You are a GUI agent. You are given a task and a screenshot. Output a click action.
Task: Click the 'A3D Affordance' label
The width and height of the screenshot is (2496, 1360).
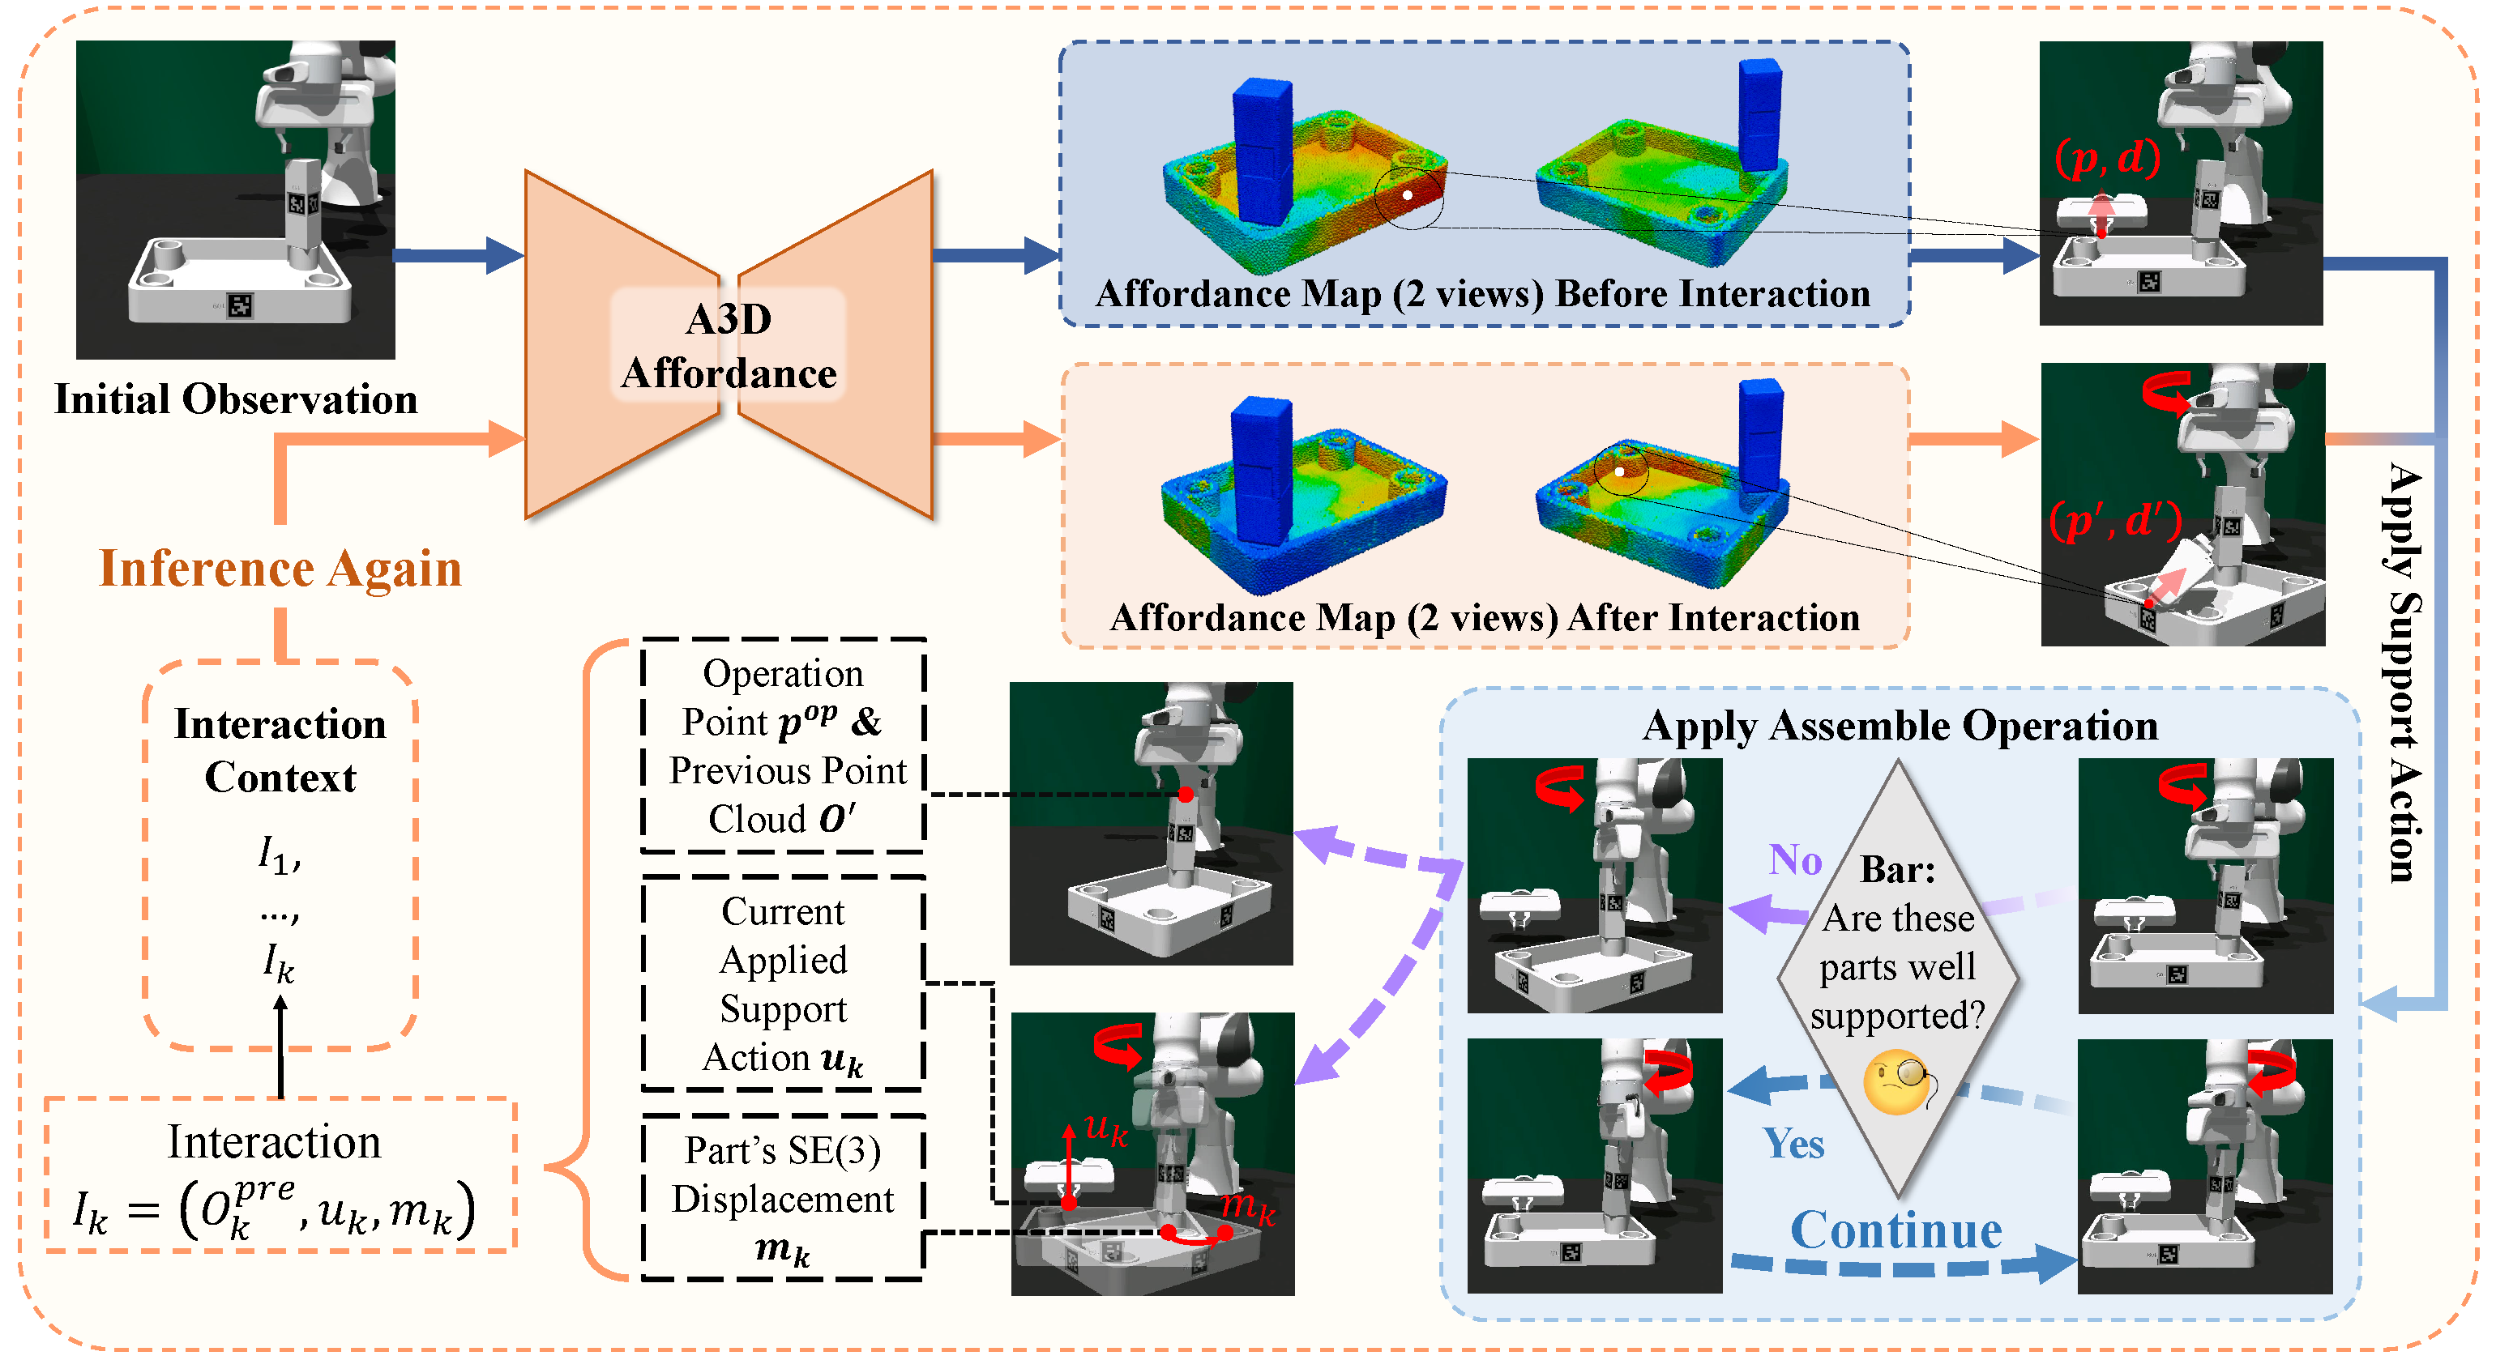coord(729,346)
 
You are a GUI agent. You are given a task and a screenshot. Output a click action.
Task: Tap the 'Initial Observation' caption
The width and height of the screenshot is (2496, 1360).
coord(236,399)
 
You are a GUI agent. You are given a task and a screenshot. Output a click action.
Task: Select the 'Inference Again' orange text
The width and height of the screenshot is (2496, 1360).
coord(280,568)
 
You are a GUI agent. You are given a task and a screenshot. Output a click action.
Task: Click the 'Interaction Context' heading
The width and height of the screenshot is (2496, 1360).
coord(280,750)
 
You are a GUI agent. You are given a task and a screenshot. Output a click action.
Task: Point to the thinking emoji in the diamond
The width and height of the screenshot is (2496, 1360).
coord(1896,1081)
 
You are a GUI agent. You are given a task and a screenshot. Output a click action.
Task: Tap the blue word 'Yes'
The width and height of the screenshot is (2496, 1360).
coord(1793,1143)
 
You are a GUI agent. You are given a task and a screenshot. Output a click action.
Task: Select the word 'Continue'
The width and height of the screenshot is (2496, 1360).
coord(1896,1230)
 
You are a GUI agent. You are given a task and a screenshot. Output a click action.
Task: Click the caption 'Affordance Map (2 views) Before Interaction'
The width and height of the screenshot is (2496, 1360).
coord(1482,293)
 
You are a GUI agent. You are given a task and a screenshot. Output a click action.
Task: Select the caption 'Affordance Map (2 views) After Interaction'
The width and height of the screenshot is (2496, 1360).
coord(1485,617)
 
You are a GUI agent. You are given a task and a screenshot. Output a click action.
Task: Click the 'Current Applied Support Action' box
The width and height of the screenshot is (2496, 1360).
coord(783,983)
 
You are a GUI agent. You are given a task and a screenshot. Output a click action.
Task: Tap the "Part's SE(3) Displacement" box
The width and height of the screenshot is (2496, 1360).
coord(783,1197)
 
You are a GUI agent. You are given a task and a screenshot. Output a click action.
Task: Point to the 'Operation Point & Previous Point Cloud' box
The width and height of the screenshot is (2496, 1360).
coord(783,745)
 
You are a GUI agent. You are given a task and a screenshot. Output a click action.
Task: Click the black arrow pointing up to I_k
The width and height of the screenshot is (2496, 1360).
coord(280,1047)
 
